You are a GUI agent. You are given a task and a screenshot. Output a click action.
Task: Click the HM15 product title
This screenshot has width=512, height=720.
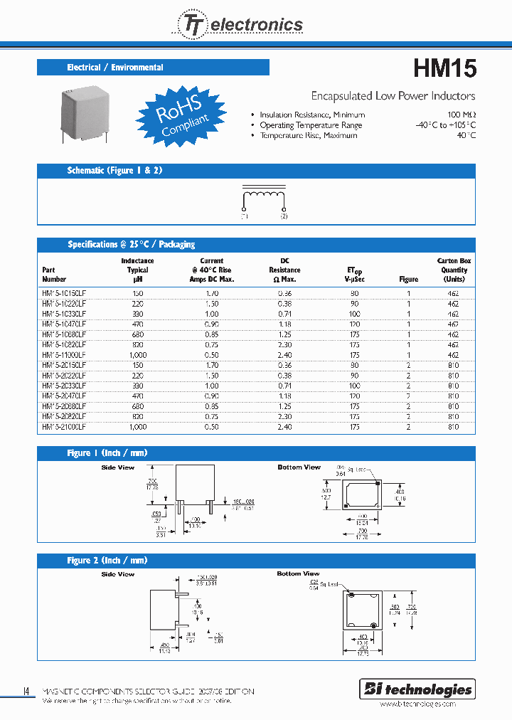[444, 68]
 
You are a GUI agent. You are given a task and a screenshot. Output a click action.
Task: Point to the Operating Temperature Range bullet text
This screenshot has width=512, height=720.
[311, 125]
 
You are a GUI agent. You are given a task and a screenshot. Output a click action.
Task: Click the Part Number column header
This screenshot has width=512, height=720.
[54, 275]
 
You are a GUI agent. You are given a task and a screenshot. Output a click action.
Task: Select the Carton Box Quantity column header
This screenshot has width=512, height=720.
[454, 270]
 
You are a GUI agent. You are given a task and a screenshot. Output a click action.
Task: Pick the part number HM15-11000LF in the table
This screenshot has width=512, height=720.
[64, 354]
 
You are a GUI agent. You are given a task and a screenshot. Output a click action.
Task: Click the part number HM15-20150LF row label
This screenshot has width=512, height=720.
[64, 364]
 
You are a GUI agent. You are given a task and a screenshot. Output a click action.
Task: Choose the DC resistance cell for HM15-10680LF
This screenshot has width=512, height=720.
[284, 334]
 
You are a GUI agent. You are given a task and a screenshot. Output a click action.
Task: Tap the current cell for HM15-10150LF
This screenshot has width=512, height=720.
[211, 292]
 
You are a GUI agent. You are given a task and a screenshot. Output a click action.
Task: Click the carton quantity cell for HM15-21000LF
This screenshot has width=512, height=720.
[454, 427]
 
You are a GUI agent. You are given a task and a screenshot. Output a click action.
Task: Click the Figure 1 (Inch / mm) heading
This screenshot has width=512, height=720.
[107, 453]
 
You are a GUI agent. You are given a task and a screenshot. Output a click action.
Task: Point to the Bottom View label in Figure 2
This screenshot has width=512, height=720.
[298, 573]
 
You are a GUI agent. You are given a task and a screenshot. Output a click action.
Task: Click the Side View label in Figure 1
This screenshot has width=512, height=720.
[117, 467]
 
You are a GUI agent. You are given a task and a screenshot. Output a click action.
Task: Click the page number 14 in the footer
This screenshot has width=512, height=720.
[26, 691]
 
